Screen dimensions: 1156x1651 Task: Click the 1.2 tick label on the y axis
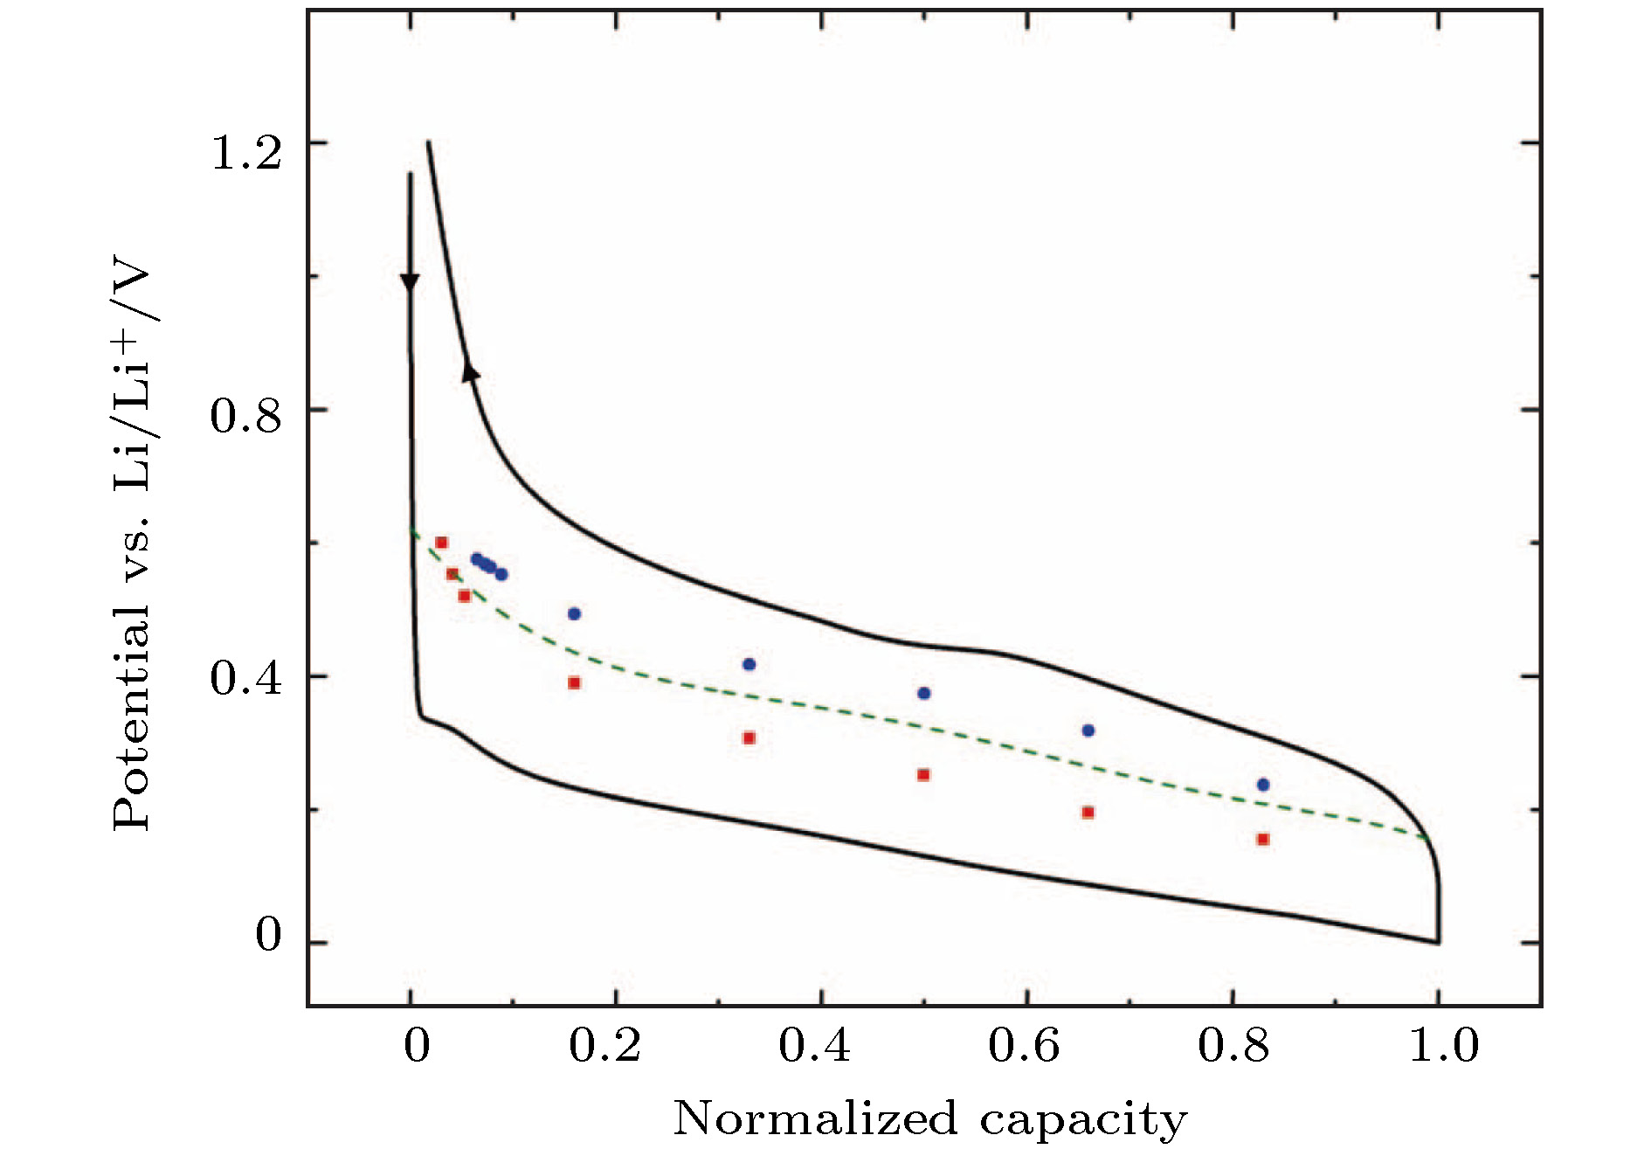tap(246, 153)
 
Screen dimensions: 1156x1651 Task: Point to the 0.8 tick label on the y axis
tap(246, 416)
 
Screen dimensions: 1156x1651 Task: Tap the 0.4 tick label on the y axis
tap(246, 679)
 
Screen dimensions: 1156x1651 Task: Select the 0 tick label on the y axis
tap(268, 935)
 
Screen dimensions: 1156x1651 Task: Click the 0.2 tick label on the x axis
tap(604, 1046)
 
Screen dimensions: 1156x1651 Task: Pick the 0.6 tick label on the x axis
tap(1024, 1046)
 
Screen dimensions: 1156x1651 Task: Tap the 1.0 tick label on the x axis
tap(1444, 1046)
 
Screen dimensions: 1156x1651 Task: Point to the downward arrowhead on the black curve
tap(410, 283)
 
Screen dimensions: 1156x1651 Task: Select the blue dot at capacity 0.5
tap(924, 693)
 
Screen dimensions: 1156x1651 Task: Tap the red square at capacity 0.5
tap(923, 775)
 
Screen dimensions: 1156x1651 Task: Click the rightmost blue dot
tap(1263, 785)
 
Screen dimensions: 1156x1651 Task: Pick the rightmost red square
tap(1263, 840)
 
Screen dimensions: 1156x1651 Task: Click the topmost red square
tap(441, 543)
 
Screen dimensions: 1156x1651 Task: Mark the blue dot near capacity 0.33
tap(749, 664)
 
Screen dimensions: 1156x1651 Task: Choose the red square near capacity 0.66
tap(1088, 813)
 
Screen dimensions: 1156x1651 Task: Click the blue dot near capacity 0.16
tap(574, 613)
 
